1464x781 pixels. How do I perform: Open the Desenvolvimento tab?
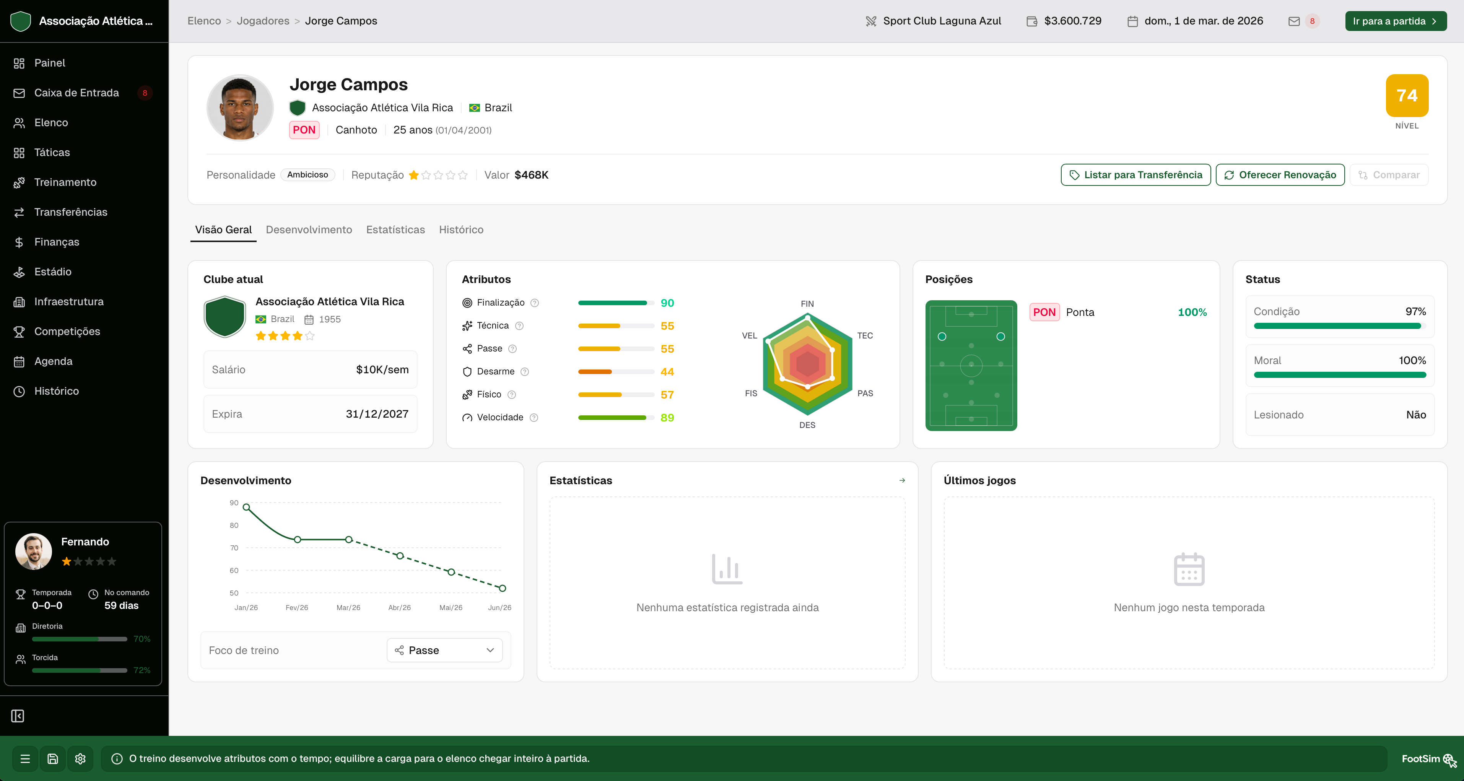pyautogui.click(x=309, y=229)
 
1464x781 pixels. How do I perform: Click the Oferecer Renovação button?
pyautogui.click(x=1280, y=175)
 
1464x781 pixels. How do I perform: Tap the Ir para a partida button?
pyautogui.click(x=1395, y=21)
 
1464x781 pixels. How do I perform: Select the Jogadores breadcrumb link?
pyautogui.click(x=263, y=21)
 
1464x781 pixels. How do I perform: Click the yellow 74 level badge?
pyautogui.click(x=1407, y=96)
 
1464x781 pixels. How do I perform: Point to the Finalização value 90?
pyautogui.click(x=667, y=303)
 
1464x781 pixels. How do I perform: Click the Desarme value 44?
pyautogui.click(x=667, y=372)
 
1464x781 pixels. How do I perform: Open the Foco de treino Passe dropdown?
pyautogui.click(x=444, y=650)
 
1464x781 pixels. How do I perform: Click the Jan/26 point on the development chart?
pyautogui.click(x=246, y=507)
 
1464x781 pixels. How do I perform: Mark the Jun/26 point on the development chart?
pyautogui.click(x=503, y=588)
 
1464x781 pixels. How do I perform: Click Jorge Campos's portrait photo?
pyautogui.click(x=240, y=108)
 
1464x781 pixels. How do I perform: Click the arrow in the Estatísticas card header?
pyautogui.click(x=902, y=480)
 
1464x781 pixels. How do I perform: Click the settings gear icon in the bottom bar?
pyautogui.click(x=80, y=759)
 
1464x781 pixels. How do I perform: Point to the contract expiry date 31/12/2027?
pyautogui.click(x=377, y=414)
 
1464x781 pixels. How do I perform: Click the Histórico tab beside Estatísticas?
pyautogui.click(x=461, y=229)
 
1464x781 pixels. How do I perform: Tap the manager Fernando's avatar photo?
pyautogui.click(x=34, y=552)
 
